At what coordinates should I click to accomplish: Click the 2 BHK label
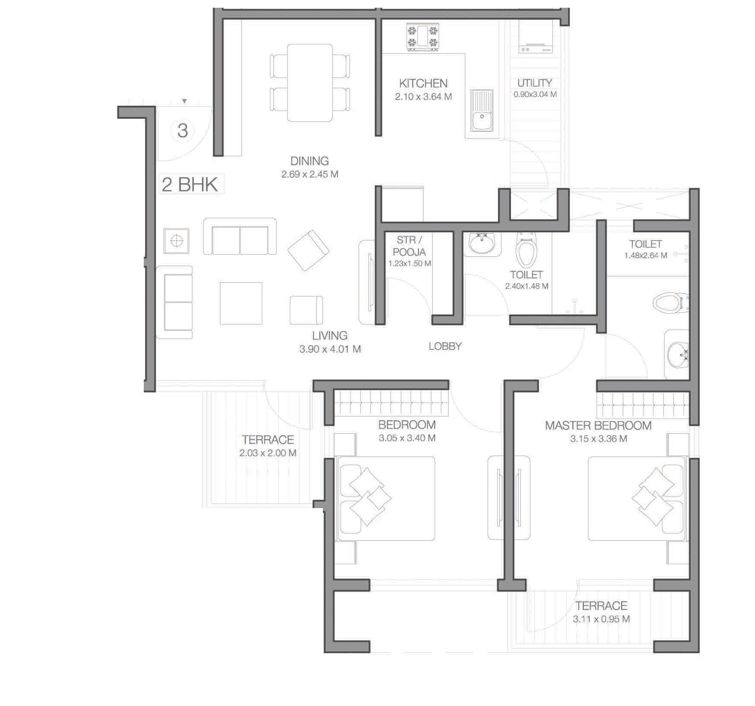click(190, 185)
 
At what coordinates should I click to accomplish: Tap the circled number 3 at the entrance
click(183, 131)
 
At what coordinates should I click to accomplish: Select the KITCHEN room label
click(423, 83)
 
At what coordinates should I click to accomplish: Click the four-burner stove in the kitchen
click(423, 37)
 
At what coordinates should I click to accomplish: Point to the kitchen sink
click(482, 111)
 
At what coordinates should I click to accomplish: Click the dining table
click(309, 83)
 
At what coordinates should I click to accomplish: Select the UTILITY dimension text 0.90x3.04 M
click(535, 94)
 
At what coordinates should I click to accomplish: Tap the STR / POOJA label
click(409, 246)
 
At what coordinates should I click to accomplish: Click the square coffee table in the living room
click(241, 303)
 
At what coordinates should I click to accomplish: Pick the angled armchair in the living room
click(308, 250)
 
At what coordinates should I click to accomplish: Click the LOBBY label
click(445, 346)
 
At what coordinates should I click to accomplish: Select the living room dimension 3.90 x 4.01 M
click(330, 349)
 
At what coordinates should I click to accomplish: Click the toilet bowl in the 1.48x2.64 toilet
click(669, 302)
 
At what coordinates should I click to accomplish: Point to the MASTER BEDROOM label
click(598, 425)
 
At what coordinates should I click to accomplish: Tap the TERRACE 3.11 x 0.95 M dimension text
click(601, 619)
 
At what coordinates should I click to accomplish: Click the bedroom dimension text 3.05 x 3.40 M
click(407, 438)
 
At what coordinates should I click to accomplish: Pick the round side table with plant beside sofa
click(176, 241)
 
